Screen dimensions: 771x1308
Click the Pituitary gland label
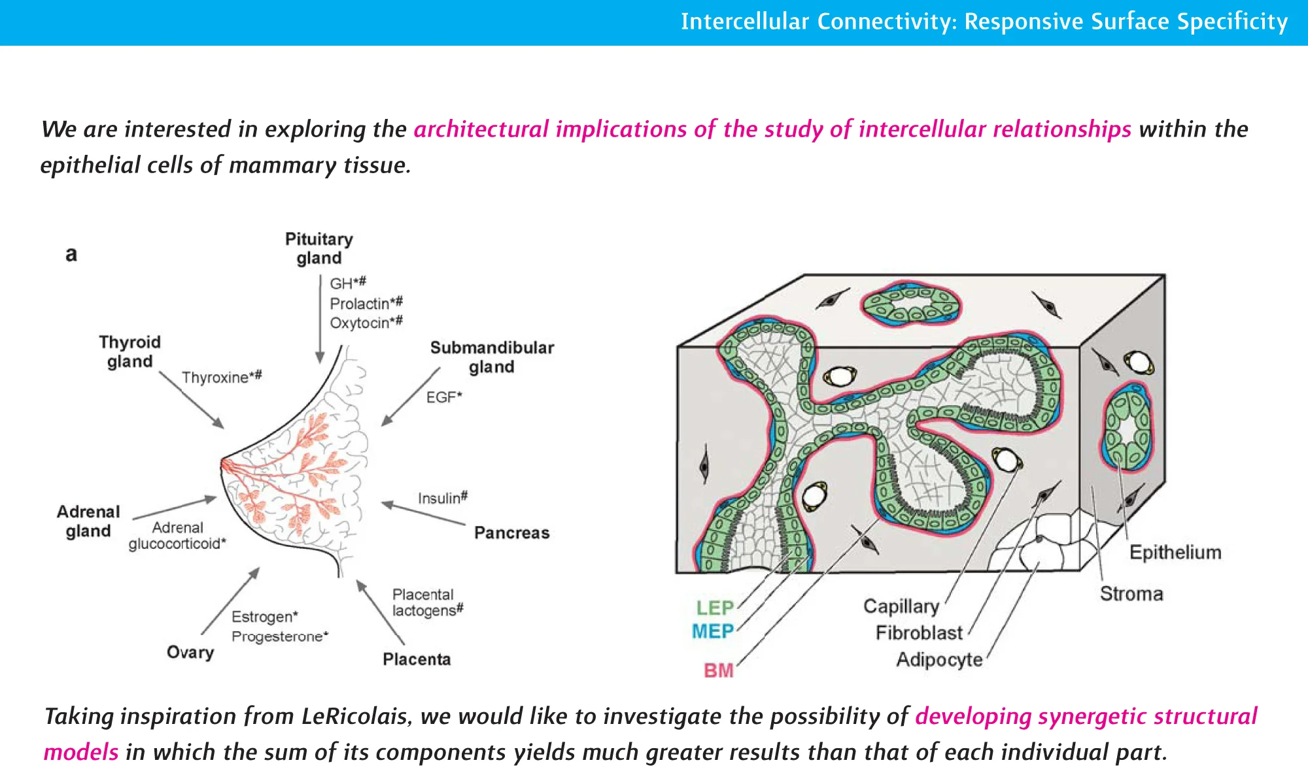[x=318, y=248]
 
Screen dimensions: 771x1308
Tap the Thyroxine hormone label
[x=221, y=377]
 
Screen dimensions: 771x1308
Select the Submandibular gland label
[x=492, y=357]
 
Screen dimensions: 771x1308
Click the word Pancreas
[x=511, y=533]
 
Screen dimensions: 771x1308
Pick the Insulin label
[x=442, y=498]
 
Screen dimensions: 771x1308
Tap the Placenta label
[x=417, y=659]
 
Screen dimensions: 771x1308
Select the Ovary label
[x=190, y=652]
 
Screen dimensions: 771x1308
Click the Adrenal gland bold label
[x=88, y=521]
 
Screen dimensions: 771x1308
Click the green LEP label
[x=714, y=608]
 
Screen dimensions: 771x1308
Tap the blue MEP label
[x=713, y=631]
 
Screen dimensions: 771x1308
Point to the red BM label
[x=718, y=670]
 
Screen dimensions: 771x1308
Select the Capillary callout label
[x=901, y=606]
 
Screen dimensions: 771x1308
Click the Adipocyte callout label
[x=939, y=660]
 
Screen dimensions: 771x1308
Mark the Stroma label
[x=1131, y=594]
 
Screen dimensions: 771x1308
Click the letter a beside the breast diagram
[x=71, y=254]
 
